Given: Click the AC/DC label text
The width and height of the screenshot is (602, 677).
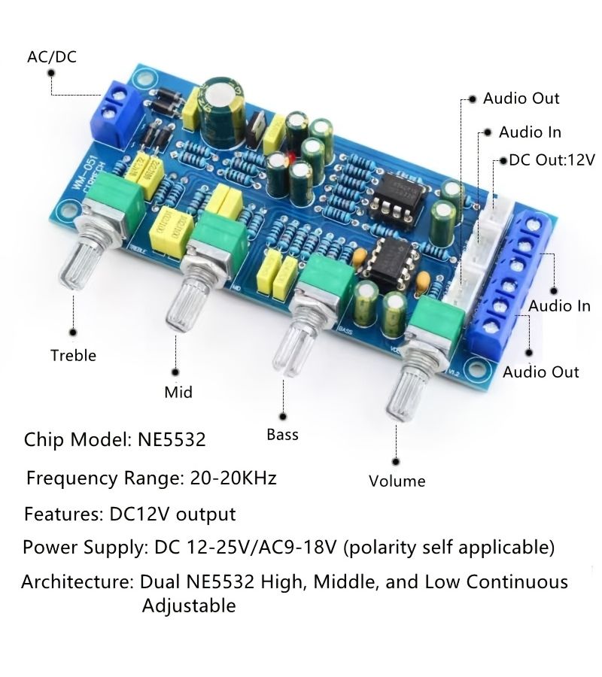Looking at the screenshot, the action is [52, 56].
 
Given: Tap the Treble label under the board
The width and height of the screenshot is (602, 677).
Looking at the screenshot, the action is [73, 355].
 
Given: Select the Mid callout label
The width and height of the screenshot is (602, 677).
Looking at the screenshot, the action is [178, 392].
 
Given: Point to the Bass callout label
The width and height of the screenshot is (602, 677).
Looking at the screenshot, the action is [282, 434].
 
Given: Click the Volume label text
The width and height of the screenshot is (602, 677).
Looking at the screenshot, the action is [397, 481].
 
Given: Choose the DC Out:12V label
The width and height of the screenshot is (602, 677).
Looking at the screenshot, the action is [552, 159].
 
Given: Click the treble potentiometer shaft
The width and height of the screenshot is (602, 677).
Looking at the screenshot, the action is [82, 263].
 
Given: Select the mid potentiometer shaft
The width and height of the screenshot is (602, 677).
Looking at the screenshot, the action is [188, 305].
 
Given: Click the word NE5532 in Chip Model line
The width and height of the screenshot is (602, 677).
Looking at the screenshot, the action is [172, 439].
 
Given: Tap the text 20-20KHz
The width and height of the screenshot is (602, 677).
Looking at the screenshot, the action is [233, 478].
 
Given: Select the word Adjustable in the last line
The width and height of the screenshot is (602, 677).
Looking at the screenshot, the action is [189, 606].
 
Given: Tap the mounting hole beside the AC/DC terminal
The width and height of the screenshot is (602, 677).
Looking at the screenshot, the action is [144, 79].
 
